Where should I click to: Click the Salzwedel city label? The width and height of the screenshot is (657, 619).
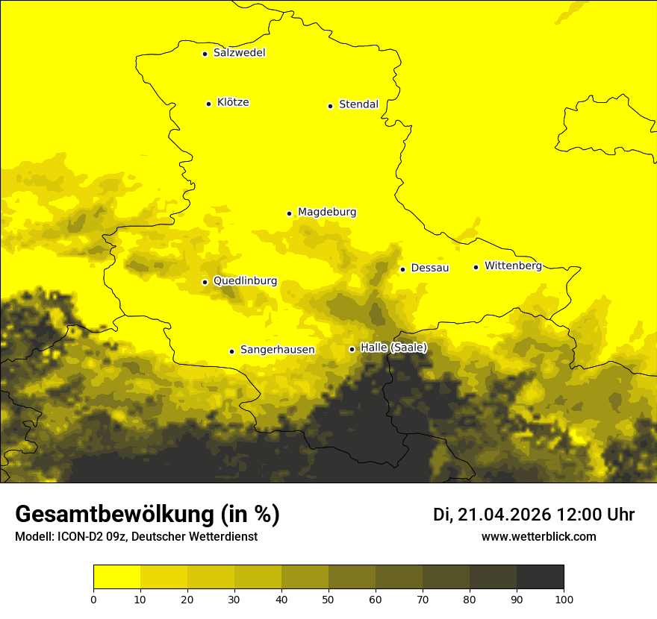coord(239,53)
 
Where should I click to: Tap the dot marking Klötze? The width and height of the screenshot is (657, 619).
coord(208,104)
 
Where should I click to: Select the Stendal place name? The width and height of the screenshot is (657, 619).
coord(358,104)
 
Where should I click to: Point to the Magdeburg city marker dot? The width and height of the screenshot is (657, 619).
coord(290,213)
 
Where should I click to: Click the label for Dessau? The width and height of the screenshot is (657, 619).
coord(430,268)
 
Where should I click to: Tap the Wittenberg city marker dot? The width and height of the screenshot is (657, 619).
coord(476,267)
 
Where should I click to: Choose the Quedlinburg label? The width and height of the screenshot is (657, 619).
coord(245,281)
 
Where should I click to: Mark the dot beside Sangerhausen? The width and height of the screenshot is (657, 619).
coord(231,351)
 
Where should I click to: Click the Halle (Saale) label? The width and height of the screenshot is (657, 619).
coord(393,348)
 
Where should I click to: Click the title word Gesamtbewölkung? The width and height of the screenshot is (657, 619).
coord(114,515)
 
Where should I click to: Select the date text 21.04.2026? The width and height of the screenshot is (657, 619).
coord(504,515)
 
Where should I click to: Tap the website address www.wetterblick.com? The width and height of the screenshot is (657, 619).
coord(539,536)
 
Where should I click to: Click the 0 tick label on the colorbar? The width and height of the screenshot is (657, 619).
coord(93,599)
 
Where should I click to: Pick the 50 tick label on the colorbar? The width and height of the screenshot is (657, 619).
coord(328,599)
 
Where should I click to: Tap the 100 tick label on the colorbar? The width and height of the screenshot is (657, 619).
coord(564,599)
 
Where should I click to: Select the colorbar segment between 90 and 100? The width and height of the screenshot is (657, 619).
coord(540,577)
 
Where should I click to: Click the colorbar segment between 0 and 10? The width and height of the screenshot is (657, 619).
coord(116,577)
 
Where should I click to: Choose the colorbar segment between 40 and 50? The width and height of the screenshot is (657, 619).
coord(305,577)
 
